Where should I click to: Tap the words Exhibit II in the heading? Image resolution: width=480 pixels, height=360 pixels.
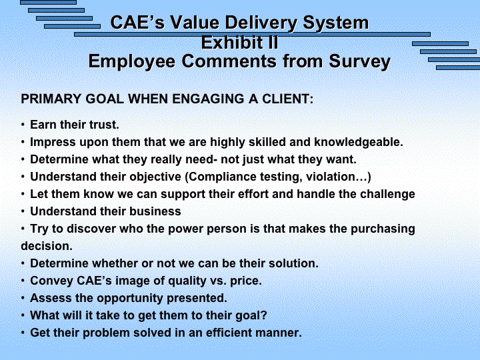click(x=240, y=42)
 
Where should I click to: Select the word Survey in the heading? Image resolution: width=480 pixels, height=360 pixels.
click(x=360, y=61)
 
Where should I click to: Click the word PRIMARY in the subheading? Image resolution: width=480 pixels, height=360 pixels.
click(x=51, y=99)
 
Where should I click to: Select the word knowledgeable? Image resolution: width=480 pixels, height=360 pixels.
click(x=359, y=142)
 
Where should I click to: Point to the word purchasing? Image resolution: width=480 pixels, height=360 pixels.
click(x=383, y=229)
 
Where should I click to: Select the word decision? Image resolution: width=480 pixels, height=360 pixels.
click(x=47, y=246)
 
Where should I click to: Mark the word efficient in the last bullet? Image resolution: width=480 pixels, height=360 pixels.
click(x=229, y=333)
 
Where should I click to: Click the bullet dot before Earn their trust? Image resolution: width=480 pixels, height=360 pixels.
click(x=23, y=125)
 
